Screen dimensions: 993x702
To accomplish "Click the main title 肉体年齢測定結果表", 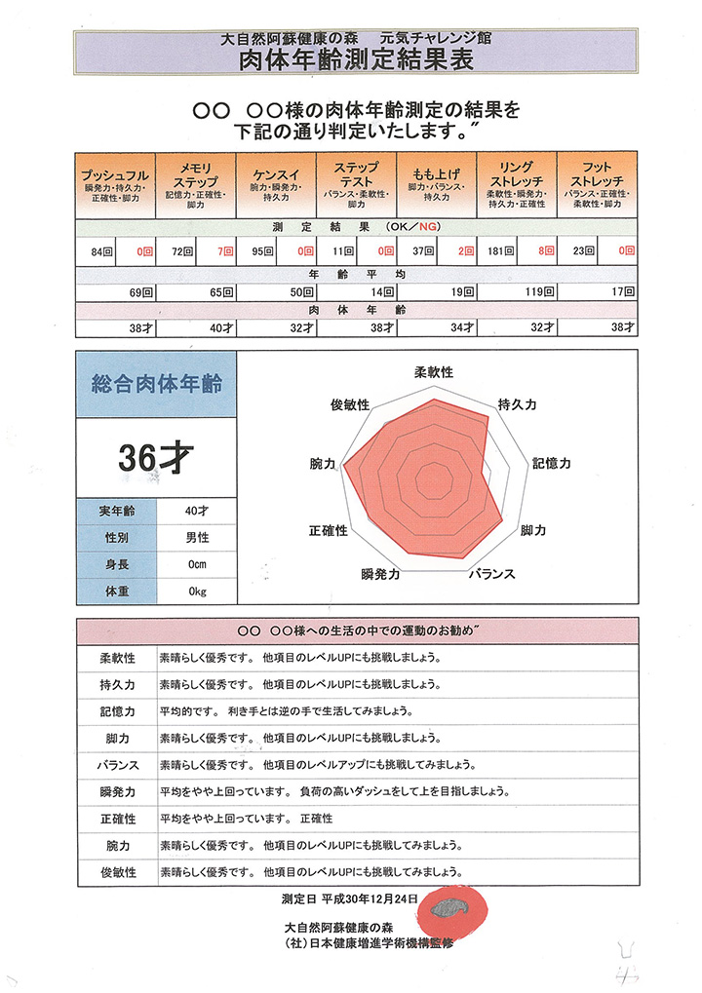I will [357, 60].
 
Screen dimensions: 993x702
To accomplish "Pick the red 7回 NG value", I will [225, 250].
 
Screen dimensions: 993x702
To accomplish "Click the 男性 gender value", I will [197, 537].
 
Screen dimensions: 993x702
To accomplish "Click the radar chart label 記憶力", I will [551, 465].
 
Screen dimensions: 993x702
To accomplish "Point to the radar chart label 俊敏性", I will [349, 404].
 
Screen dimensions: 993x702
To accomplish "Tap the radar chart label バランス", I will [490, 574].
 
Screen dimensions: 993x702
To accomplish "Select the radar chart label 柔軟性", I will [434, 373].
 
